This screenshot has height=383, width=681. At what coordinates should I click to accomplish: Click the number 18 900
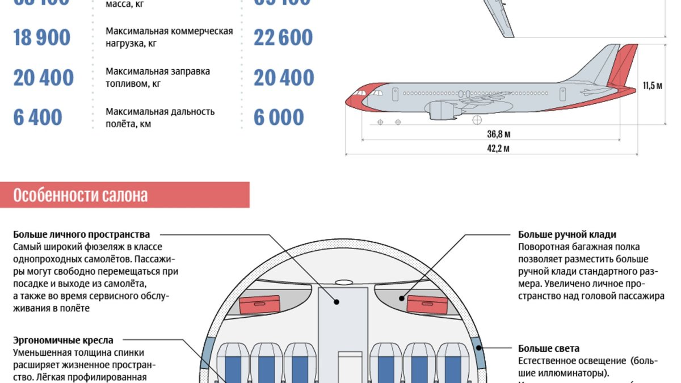pos(42,37)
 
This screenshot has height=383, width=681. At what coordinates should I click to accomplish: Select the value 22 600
pos(283,37)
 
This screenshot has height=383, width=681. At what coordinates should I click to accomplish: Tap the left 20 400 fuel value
pos(44,78)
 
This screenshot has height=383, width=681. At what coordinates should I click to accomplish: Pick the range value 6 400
pos(37,117)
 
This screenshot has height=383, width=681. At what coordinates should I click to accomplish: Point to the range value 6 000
pos(279,117)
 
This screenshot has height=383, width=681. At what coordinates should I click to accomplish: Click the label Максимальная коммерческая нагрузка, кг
pos(169,37)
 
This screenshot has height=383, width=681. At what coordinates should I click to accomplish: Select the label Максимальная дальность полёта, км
pos(160,117)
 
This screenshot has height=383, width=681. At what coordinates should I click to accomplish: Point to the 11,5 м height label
pos(653,86)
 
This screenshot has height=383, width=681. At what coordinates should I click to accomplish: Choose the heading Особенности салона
pos(81,196)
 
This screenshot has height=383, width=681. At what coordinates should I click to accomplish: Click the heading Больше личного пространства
pos(82,234)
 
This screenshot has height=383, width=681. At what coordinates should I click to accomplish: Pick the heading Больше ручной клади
pos(567,234)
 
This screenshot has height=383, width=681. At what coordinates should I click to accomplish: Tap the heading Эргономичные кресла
pos(63,340)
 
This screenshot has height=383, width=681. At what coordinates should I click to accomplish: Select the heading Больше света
pos(549,348)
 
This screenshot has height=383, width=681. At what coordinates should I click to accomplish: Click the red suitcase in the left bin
pos(259,305)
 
